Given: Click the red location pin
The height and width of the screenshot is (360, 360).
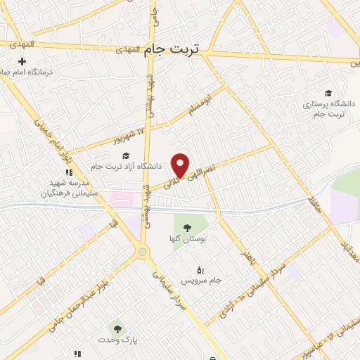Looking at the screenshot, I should [x=181, y=164].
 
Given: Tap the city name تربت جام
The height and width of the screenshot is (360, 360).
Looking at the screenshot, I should [x=172, y=49].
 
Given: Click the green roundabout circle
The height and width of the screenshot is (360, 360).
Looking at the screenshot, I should [x=143, y=251].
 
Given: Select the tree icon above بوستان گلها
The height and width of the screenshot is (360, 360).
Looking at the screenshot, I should [x=187, y=226].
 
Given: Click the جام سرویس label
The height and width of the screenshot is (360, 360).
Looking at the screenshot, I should [x=201, y=281].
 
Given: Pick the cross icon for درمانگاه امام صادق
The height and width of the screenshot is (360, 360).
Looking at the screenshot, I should [x=22, y=61].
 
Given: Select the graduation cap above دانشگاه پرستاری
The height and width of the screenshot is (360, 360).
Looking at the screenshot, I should [x=328, y=93].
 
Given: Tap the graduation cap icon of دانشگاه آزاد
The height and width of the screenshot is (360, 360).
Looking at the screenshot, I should [x=126, y=155].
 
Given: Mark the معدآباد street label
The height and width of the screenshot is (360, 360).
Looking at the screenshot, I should [x=349, y=250].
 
